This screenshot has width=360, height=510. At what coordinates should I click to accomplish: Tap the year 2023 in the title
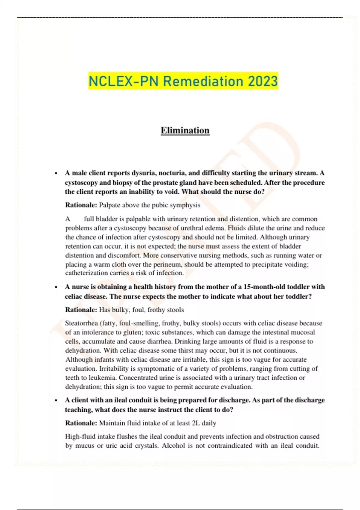coord(263,81)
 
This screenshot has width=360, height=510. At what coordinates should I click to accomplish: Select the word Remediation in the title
coord(203,81)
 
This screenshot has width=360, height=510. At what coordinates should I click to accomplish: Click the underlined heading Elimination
coord(185,130)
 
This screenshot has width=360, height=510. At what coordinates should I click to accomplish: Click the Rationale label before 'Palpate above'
coord(81,205)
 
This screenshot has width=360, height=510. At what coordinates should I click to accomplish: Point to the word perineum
coord(167,265)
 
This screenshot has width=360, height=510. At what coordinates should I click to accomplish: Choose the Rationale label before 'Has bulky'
coord(81,310)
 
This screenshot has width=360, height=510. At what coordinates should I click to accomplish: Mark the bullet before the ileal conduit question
coord(56,400)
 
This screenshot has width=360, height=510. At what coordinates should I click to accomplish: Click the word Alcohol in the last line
coord(173,445)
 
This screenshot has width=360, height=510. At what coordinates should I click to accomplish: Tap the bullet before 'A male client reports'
coord(56,173)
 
